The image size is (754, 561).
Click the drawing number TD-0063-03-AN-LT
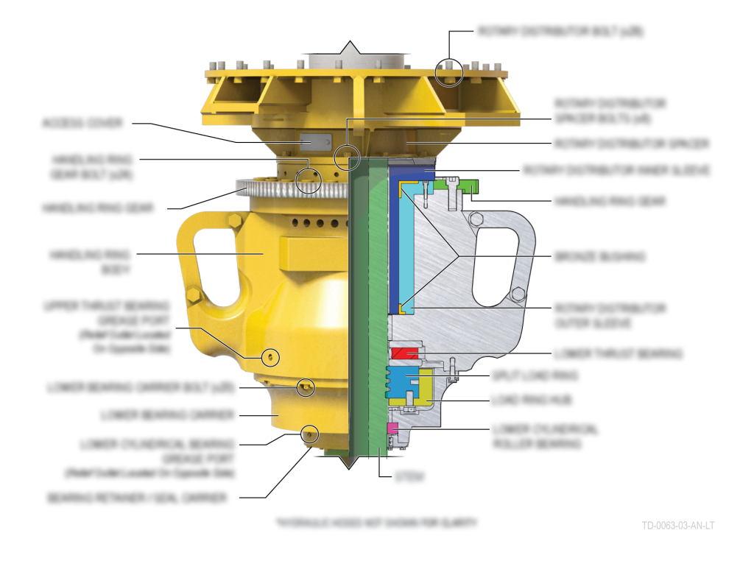pos(677,526)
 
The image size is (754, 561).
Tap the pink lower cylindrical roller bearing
pos(392,428)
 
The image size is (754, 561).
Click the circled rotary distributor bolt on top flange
pos(448,71)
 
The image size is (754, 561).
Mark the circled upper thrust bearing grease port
pos(271,357)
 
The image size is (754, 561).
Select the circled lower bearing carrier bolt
pos(306,387)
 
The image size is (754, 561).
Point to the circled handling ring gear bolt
pos(309,180)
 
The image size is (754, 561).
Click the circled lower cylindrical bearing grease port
pos(310,434)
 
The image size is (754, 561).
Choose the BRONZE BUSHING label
pos(599,257)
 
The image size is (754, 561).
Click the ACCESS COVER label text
pos(82,123)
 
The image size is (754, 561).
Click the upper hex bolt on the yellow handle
pos(233,220)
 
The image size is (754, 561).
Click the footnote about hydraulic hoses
pos(376,523)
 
